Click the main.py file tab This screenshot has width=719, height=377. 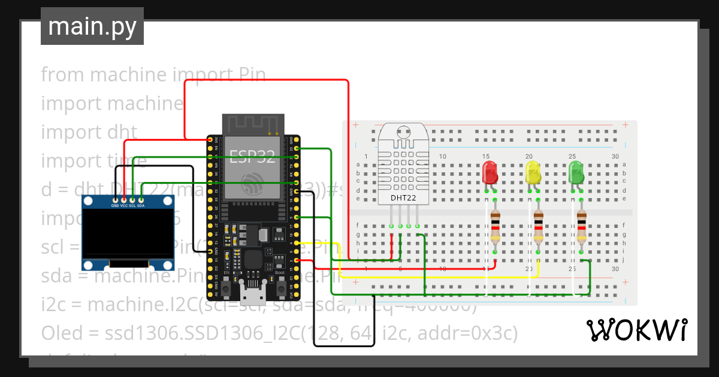pyautogui.click(x=92, y=27)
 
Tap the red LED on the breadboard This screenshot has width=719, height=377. pyautogui.click(x=490, y=172)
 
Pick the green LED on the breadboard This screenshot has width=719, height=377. pyautogui.click(x=576, y=172)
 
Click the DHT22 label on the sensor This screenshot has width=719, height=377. pyautogui.click(x=403, y=197)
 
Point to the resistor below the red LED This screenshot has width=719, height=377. pyautogui.click(x=495, y=227)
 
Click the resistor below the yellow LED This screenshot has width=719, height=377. pyautogui.click(x=538, y=227)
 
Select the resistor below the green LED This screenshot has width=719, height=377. pyautogui.click(x=581, y=227)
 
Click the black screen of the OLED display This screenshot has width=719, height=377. pyautogui.click(x=128, y=232)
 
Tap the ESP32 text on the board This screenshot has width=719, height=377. pyautogui.click(x=253, y=157)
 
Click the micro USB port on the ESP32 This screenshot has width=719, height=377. pyautogui.click(x=253, y=294)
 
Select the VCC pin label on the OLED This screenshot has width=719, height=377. pyautogui.click(x=124, y=205)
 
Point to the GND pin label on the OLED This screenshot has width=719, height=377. pyautogui.click(x=115, y=205)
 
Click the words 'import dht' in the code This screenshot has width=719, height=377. pyautogui.click(x=89, y=132)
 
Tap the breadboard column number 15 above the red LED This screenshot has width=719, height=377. pyautogui.click(x=485, y=157)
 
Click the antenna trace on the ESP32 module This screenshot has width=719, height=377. pyautogui.click(x=253, y=124)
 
